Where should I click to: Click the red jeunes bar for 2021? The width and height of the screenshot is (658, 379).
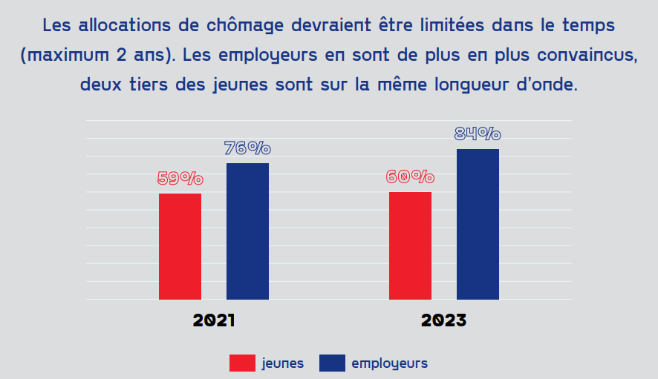click(180, 246)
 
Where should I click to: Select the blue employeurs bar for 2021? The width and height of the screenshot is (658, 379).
click(247, 231)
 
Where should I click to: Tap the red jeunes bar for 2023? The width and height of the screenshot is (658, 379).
click(410, 245)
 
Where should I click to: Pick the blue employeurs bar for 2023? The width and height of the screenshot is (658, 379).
click(478, 224)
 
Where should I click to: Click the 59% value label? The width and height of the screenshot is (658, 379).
click(180, 179)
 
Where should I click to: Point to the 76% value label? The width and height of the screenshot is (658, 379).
click(247, 148)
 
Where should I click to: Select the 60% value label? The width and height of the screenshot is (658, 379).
click(410, 177)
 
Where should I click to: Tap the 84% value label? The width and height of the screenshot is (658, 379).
click(478, 134)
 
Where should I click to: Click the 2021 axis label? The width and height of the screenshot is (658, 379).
click(214, 321)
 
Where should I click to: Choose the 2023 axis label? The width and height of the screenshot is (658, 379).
click(444, 321)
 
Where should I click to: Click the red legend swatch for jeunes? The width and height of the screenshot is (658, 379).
click(242, 363)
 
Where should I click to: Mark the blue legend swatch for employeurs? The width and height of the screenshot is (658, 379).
click(332, 363)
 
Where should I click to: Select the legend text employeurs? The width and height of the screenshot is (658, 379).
click(389, 363)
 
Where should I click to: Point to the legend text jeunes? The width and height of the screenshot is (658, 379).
click(282, 363)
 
